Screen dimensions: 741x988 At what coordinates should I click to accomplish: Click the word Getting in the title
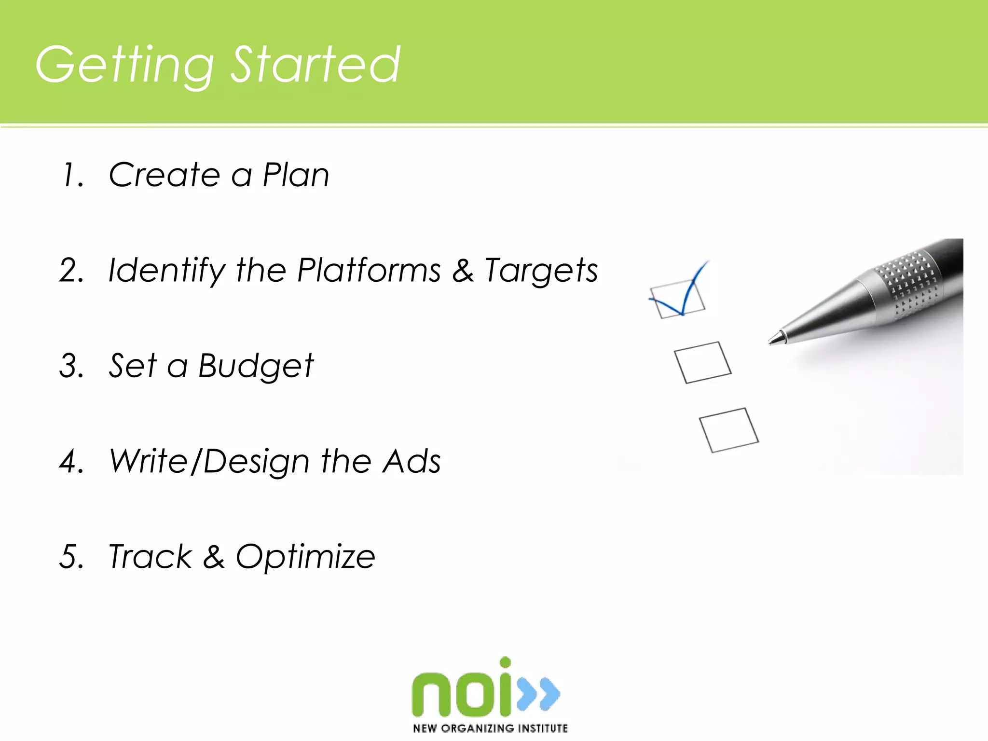point(124,65)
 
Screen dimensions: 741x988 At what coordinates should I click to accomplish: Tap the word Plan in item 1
point(296,174)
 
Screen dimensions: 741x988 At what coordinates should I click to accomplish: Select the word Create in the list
point(165,174)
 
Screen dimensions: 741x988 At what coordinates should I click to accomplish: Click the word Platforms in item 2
point(369,270)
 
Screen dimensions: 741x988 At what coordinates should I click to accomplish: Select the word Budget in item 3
point(256,366)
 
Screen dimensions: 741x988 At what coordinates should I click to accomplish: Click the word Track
point(150,557)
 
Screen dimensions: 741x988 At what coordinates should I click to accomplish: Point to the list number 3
point(71,365)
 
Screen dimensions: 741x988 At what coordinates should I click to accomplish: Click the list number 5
point(71,557)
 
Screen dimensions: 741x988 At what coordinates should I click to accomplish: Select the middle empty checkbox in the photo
point(702,363)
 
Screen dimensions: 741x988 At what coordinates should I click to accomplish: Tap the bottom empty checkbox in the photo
point(728,430)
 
